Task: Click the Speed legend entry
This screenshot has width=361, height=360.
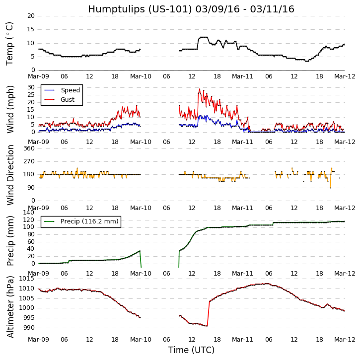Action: pyautogui.click(x=70, y=90)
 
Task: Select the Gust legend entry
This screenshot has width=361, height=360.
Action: pyautogui.click(x=68, y=100)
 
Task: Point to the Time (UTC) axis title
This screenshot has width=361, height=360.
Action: pyautogui.click(x=191, y=350)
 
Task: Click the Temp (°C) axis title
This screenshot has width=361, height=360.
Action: pyautogui.click(x=10, y=43)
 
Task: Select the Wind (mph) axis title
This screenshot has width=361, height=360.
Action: pyautogui.click(x=10, y=109)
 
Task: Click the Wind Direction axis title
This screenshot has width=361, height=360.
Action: pyautogui.click(x=10, y=174)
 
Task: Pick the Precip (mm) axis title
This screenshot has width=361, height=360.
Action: pyautogui.click(x=10, y=240)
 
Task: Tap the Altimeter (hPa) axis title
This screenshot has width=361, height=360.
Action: pyautogui.click(x=10, y=306)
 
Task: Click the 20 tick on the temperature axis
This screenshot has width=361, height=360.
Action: pyautogui.click(x=31, y=16)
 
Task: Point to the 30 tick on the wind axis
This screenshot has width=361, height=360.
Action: pyautogui.click(x=31, y=87)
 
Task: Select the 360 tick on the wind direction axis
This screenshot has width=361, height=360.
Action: pyautogui.click(x=29, y=148)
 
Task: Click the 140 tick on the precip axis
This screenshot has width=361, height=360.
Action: pyautogui.click(x=29, y=213)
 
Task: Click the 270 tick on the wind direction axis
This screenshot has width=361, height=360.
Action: pyautogui.click(x=29, y=161)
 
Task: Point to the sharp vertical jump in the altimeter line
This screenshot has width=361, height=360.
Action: pyautogui.click(x=208, y=313)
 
